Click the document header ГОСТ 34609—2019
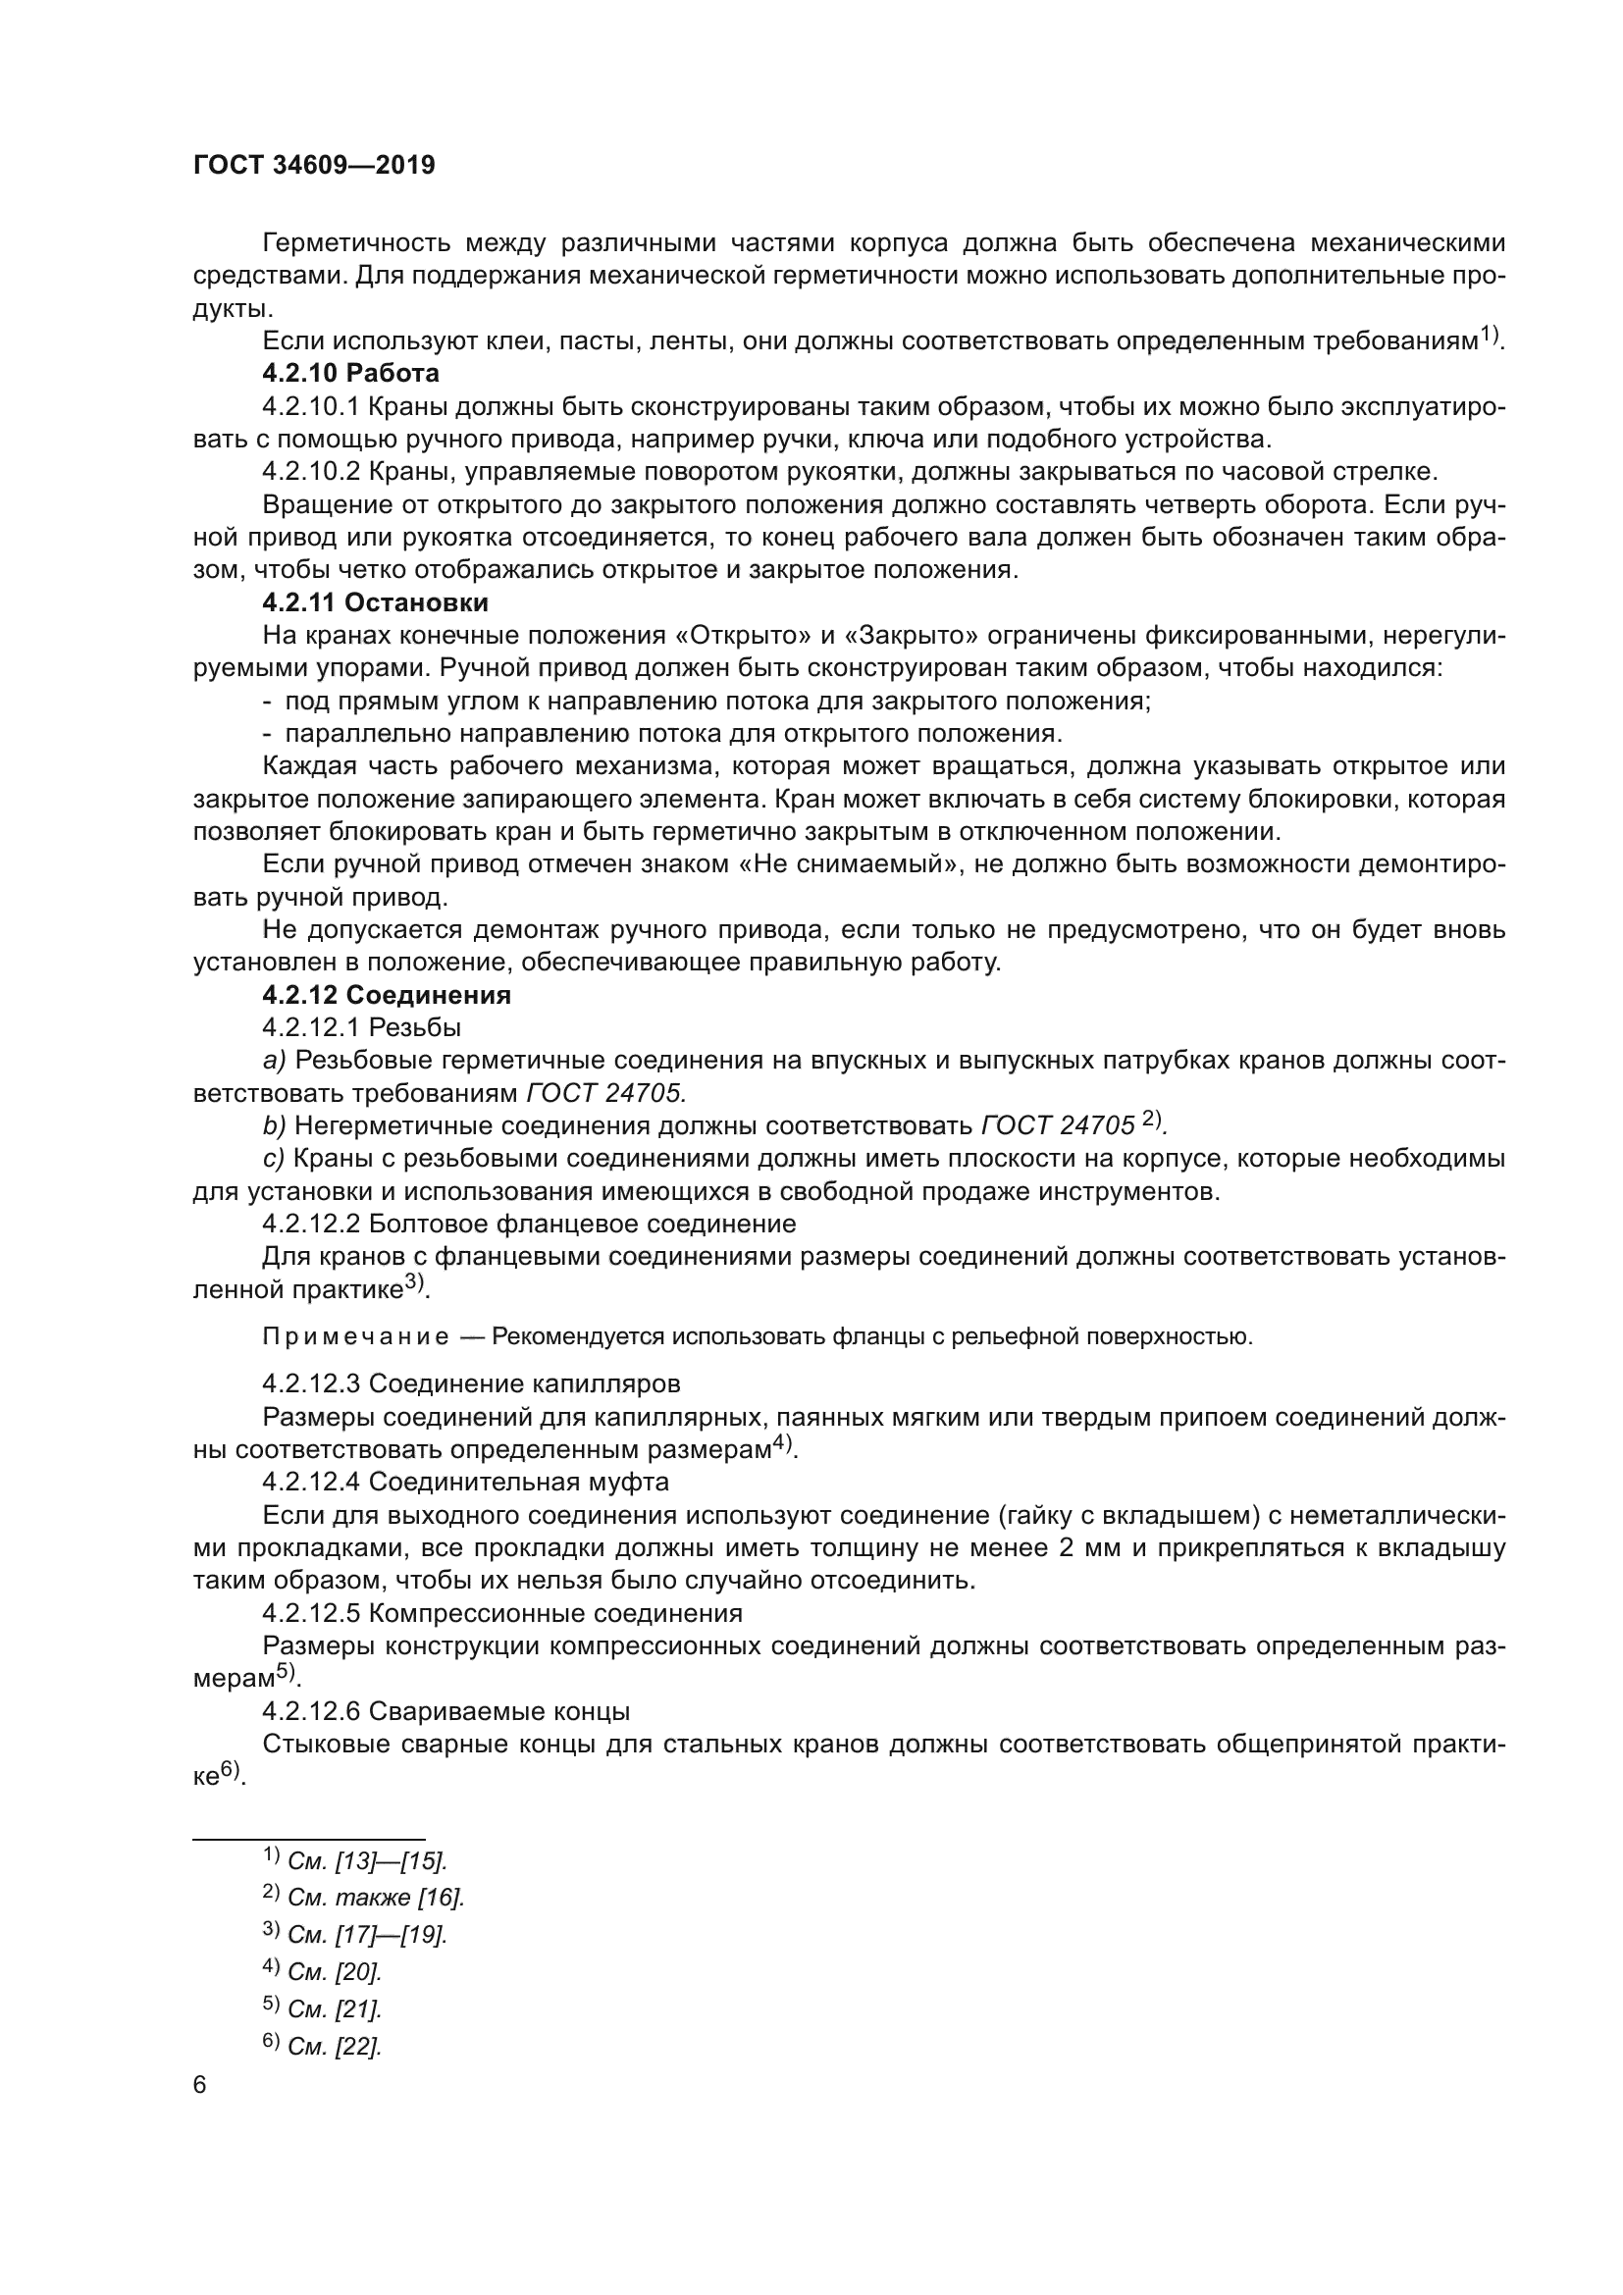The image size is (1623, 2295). (314, 165)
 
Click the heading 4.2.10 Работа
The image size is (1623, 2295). (350, 374)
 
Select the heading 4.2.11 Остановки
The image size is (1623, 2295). (375, 602)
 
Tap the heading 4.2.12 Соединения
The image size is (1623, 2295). (387, 996)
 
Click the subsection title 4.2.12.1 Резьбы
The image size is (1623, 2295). (362, 1027)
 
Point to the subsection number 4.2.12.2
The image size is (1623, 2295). (312, 1225)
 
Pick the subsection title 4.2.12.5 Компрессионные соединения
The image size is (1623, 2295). (501, 1613)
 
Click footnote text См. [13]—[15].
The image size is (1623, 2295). (367, 1861)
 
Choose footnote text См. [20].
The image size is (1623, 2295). (334, 1972)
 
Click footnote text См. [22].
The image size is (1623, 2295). (334, 2046)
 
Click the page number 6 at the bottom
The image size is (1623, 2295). (200, 2085)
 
